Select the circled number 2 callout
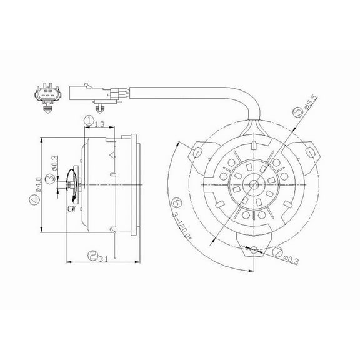coord(93,255)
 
